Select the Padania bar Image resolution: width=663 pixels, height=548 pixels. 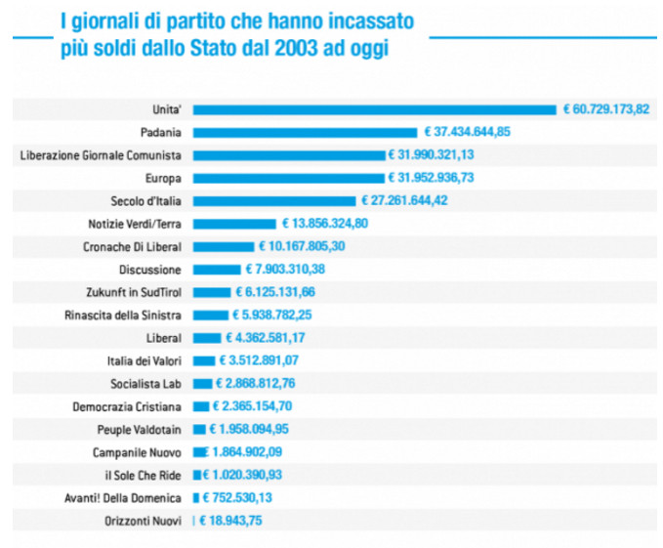(306, 132)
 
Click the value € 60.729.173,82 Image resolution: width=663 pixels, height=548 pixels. (605, 109)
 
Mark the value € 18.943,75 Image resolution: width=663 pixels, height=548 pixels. (231, 522)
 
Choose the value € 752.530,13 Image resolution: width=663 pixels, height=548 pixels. (242, 498)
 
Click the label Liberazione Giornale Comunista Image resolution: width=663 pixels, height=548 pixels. (101, 155)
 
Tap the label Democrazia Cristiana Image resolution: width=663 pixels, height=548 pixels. (127, 406)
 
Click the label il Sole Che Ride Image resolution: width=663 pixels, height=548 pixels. (141, 476)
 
